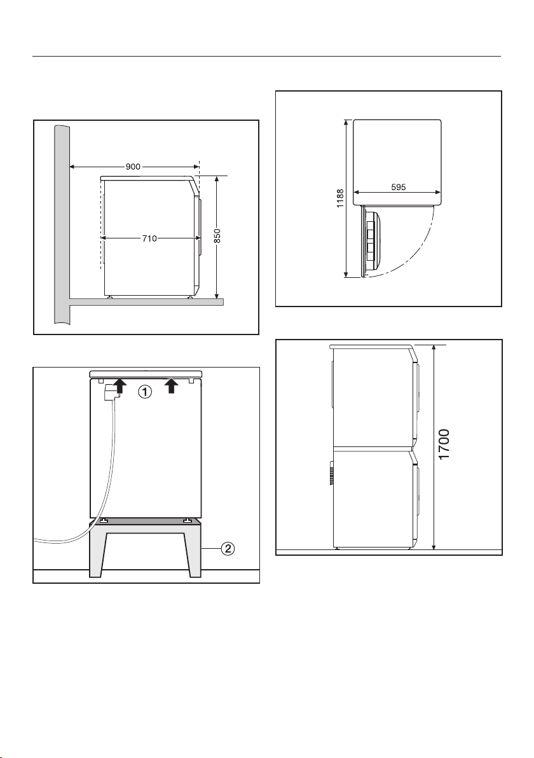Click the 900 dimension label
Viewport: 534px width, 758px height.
[133, 167]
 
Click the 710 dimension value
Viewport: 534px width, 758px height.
[150, 238]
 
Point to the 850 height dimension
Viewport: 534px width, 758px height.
[217, 237]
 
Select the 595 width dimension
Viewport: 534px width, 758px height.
[398, 188]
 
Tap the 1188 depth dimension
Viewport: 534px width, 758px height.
[340, 198]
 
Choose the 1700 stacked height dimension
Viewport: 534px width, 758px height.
[444, 444]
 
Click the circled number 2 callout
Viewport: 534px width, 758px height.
[228, 549]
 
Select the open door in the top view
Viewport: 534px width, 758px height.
[372, 241]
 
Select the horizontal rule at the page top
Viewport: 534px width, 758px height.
[267, 57]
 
